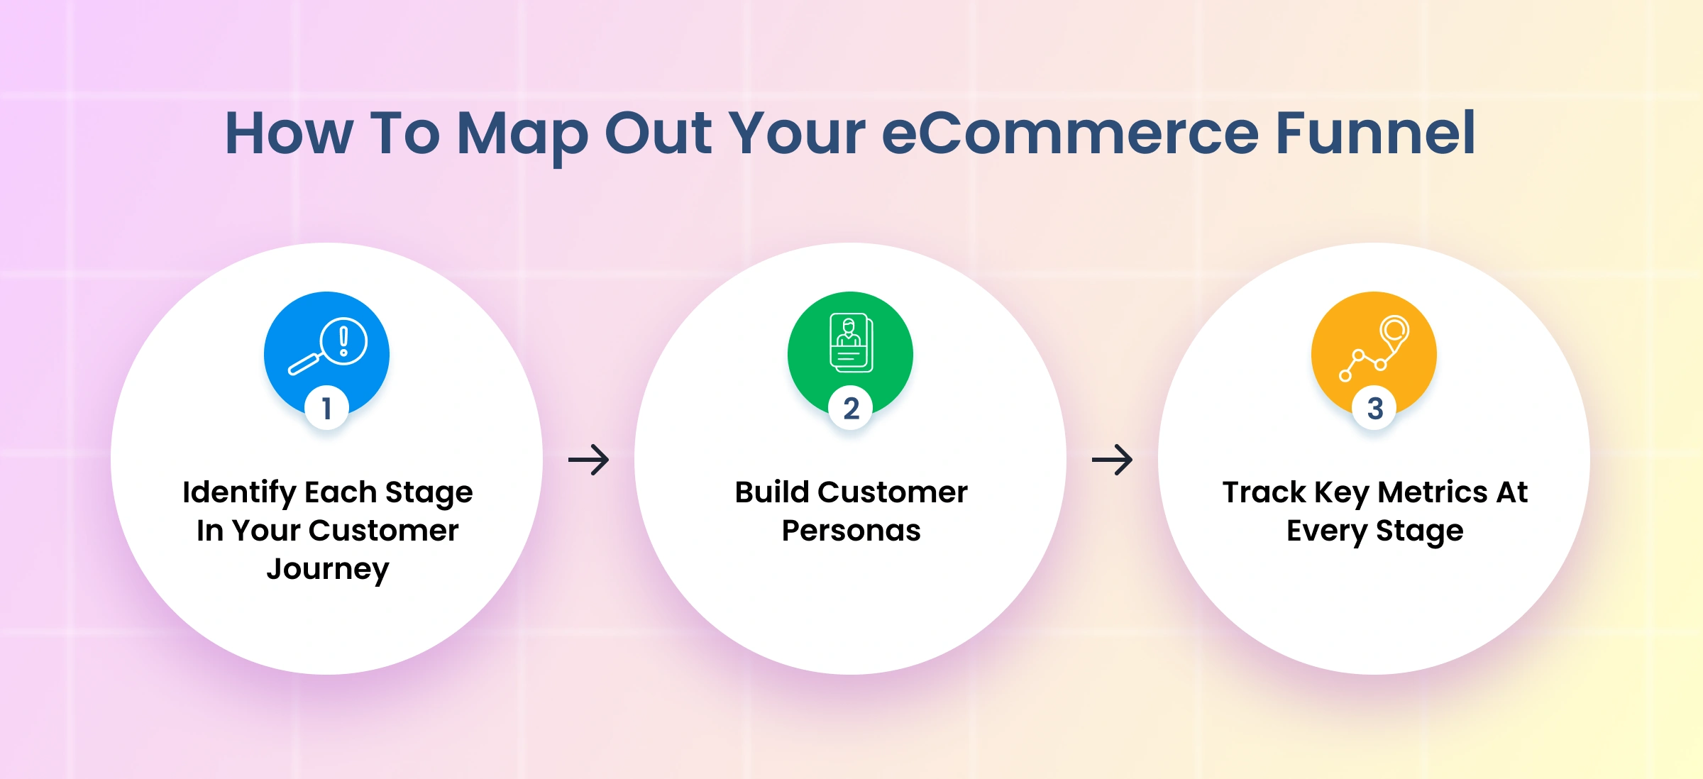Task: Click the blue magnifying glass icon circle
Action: coord(326,354)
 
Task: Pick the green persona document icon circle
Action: coord(850,354)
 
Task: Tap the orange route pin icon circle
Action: coord(1374,354)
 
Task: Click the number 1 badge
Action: coord(326,408)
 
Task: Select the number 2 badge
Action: coord(851,408)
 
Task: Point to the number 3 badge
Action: coord(1374,408)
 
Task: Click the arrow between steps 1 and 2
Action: coord(589,460)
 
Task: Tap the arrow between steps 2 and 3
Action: coord(1113,460)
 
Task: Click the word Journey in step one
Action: coord(328,570)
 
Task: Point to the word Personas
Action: coord(851,531)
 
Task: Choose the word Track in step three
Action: coord(1264,492)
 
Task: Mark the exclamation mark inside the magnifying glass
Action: coord(344,341)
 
